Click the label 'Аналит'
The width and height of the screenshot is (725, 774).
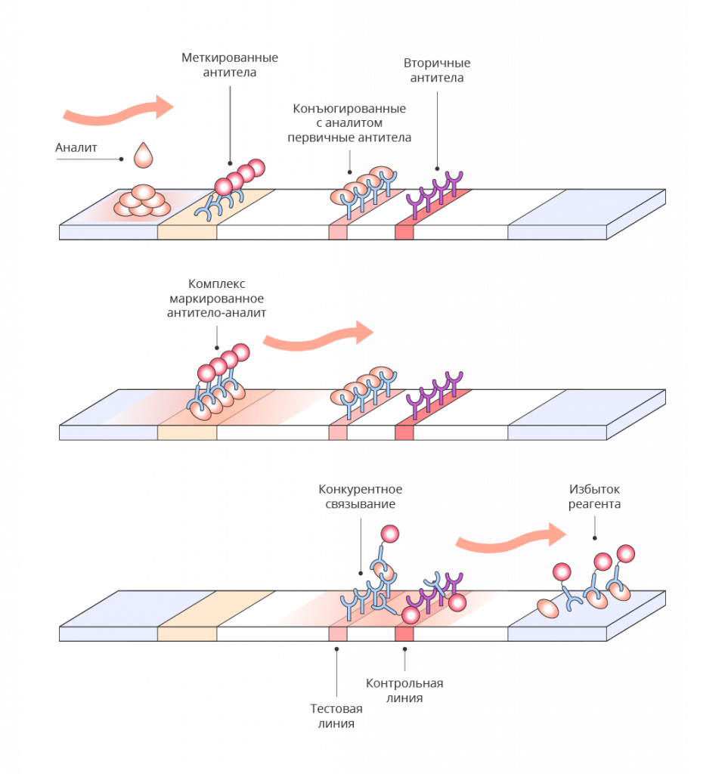point(76,147)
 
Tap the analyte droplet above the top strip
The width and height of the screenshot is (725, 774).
point(143,155)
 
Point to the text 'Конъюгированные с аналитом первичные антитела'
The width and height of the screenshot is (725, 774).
point(349,123)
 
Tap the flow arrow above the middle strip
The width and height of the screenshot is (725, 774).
point(318,336)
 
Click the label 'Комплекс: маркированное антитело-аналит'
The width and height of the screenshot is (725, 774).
point(216,298)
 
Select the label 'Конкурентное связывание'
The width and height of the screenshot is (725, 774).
point(360,496)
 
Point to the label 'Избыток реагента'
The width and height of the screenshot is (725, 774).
point(595,496)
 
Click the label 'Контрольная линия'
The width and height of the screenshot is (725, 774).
point(404,690)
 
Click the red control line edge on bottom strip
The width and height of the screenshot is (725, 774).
point(404,634)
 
